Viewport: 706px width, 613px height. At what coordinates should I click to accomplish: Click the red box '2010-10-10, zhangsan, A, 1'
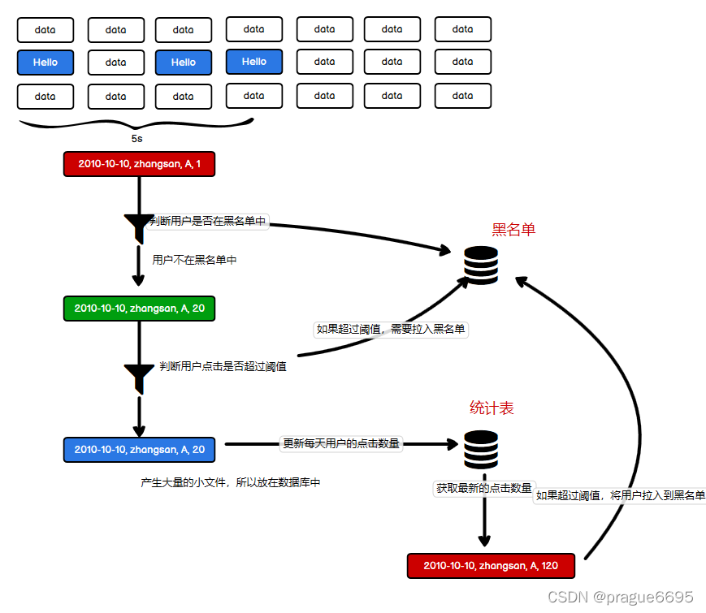pos(139,164)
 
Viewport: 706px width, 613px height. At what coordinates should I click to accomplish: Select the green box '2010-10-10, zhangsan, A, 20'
pos(139,309)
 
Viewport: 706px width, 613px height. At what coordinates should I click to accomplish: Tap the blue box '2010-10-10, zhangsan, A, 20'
pos(139,450)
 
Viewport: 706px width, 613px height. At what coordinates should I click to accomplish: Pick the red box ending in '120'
pos(491,566)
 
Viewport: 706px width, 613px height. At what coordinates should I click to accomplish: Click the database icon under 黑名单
pos(481,265)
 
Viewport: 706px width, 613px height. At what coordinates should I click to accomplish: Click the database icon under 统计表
pos(481,450)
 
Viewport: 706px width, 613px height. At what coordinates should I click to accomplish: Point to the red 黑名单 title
pos(513,230)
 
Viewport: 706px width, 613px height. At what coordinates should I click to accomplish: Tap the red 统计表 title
pos(492,408)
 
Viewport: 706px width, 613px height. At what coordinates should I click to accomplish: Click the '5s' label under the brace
pos(136,139)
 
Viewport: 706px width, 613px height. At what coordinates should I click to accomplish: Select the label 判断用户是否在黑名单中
pos(207,221)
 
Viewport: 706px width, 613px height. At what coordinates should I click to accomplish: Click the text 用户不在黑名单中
pos(194,260)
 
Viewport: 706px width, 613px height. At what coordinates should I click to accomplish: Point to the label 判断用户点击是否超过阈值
pos(223,366)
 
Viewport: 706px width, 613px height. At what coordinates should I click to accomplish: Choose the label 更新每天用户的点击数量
pos(341,443)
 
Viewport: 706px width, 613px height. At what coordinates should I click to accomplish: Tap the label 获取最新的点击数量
pos(484,488)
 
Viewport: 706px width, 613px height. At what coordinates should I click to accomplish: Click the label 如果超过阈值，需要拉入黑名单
pos(390,329)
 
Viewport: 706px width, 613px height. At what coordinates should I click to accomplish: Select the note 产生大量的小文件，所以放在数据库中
pos(231,482)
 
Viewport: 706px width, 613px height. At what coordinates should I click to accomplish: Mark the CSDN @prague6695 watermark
pos(621,597)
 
